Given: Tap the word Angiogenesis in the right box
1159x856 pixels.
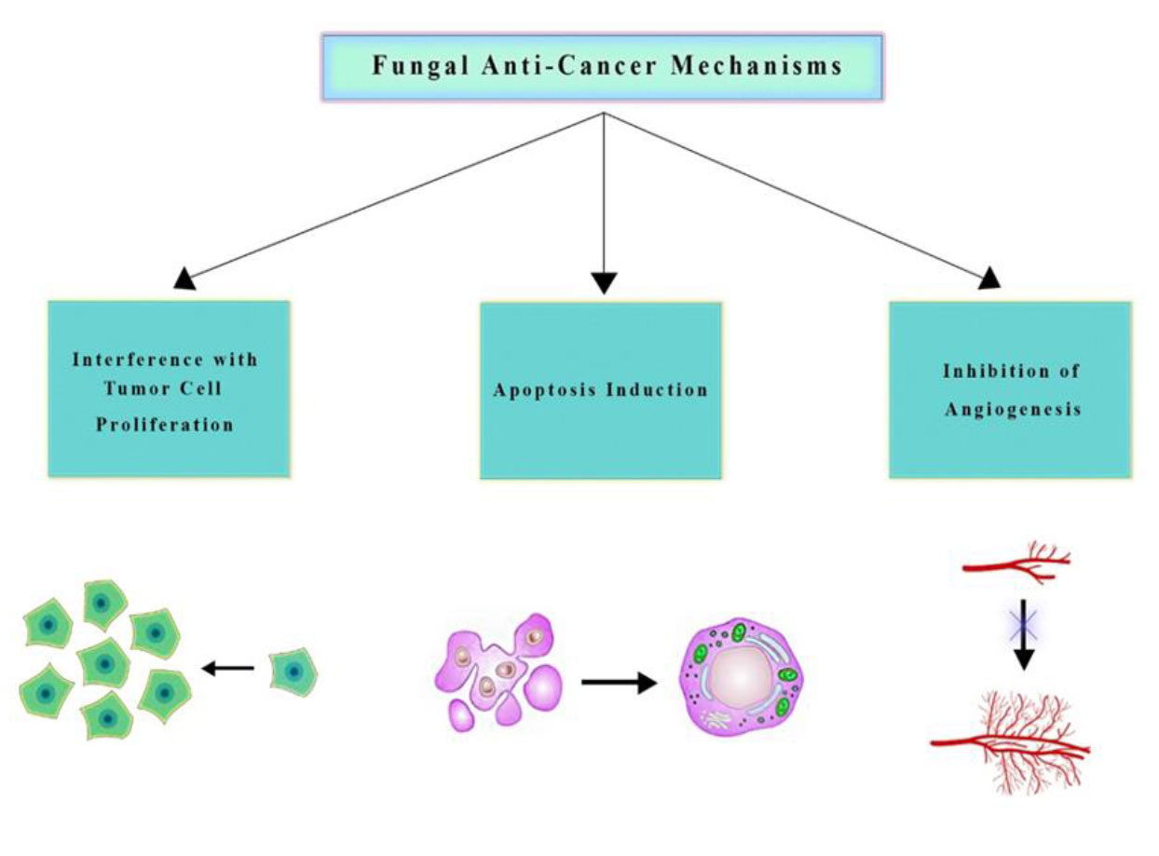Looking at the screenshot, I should pos(1013,409).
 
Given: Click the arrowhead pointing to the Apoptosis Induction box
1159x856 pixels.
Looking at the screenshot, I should pos(605,281).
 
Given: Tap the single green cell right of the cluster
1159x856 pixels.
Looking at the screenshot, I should pos(293,673).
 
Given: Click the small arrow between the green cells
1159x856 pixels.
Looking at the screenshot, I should pos(228,667).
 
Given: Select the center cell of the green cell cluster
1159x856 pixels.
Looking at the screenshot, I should pos(103,663).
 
